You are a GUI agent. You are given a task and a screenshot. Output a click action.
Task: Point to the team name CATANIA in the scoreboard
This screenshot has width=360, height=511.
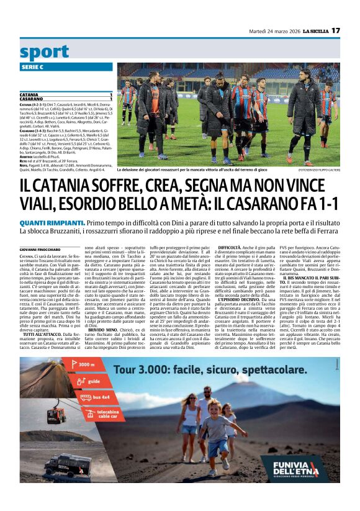(30, 94)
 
